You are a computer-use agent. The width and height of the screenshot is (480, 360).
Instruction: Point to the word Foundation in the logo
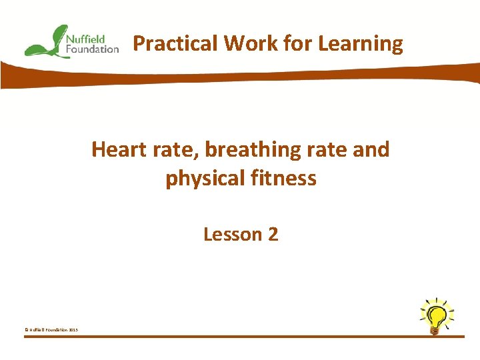point(92,49)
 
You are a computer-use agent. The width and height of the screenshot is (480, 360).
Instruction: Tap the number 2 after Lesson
point(272,235)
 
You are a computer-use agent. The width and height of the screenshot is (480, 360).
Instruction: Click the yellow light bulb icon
point(437,315)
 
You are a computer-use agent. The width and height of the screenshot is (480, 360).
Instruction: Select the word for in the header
point(296,44)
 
